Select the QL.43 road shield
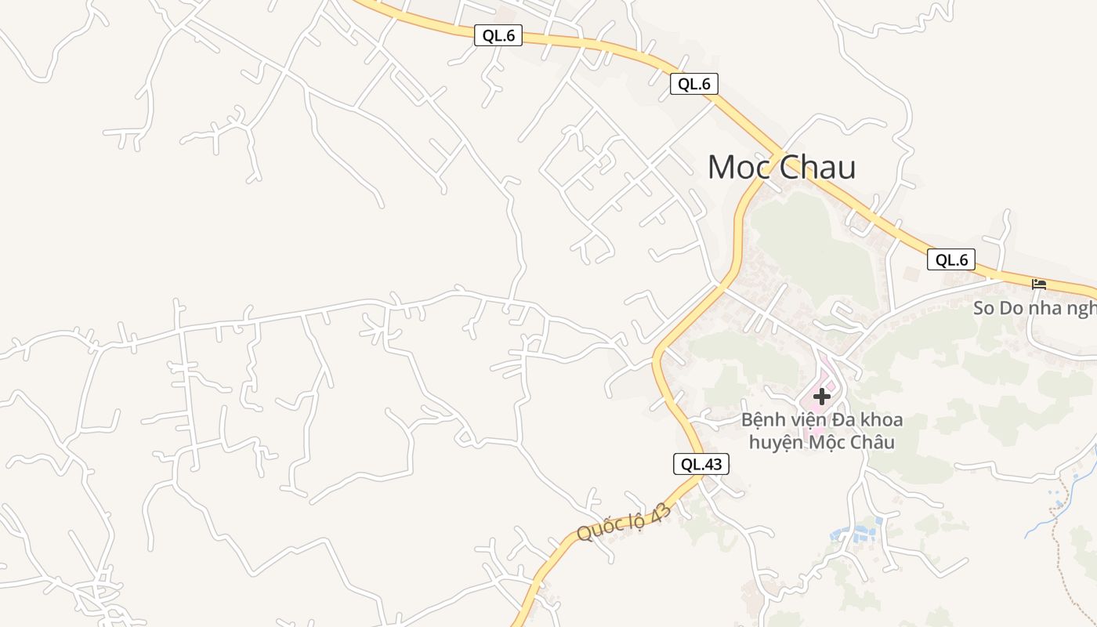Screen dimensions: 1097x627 (x=701, y=464)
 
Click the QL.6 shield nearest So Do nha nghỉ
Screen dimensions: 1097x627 (x=951, y=260)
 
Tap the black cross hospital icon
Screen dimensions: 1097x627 (x=821, y=397)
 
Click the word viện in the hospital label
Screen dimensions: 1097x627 (x=811, y=420)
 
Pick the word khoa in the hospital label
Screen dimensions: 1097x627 (x=882, y=420)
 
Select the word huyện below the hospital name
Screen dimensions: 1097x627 (x=777, y=442)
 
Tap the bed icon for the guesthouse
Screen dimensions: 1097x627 (x=1039, y=284)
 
